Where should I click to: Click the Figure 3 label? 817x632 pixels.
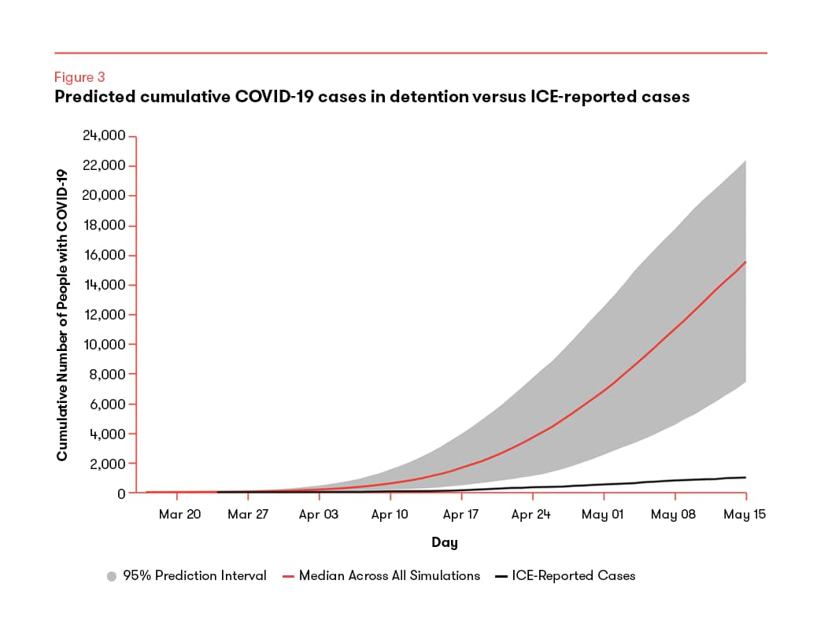pyautogui.click(x=79, y=77)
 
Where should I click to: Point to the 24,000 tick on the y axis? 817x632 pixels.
pyautogui.click(x=104, y=135)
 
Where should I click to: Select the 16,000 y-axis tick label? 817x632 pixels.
pyautogui.click(x=105, y=255)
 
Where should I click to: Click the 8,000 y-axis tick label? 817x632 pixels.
pyautogui.click(x=107, y=374)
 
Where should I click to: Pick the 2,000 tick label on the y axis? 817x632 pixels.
pyautogui.click(x=107, y=464)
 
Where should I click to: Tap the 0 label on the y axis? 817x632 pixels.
pyautogui.click(x=121, y=493)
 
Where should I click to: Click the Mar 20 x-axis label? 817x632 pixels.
pyautogui.click(x=179, y=514)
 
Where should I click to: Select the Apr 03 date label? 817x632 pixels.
pyautogui.click(x=318, y=514)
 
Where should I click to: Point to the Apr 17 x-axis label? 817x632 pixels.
pyautogui.click(x=460, y=514)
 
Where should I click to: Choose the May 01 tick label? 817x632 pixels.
pyautogui.click(x=602, y=514)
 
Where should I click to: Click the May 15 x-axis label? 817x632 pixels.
pyautogui.click(x=745, y=514)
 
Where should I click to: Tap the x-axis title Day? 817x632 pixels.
pyautogui.click(x=445, y=542)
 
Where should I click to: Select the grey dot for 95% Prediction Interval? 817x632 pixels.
pyautogui.click(x=112, y=576)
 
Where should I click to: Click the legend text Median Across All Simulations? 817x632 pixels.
pyautogui.click(x=390, y=576)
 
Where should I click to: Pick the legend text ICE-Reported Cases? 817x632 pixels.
pyautogui.click(x=574, y=576)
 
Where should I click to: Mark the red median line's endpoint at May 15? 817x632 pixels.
pyautogui.click(x=745, y=261)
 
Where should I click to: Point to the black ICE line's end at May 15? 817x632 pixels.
pyautogui.click(x=745, y=477)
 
